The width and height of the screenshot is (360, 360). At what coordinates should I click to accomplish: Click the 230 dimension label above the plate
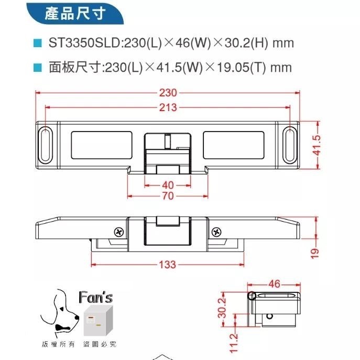[x=168, y=93]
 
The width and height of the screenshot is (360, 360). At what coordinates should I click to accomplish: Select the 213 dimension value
[x=168, y=108]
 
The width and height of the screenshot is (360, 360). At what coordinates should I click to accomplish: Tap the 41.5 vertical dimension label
[x=316, y=145]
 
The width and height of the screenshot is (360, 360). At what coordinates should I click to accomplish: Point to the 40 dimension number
[x=167, y=185]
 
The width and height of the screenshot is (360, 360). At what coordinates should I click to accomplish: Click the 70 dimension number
[x=167, y=196]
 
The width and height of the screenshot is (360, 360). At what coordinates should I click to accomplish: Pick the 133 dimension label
[x=167, y=265]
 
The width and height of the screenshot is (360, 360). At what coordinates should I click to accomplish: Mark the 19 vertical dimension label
[x=314, y=253]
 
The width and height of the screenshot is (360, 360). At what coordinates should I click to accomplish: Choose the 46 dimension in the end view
[x=275, y=284]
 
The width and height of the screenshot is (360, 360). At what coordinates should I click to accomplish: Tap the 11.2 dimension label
[x=234, y=343]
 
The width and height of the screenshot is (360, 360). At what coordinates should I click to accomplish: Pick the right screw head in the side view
[x=215, y=232]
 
